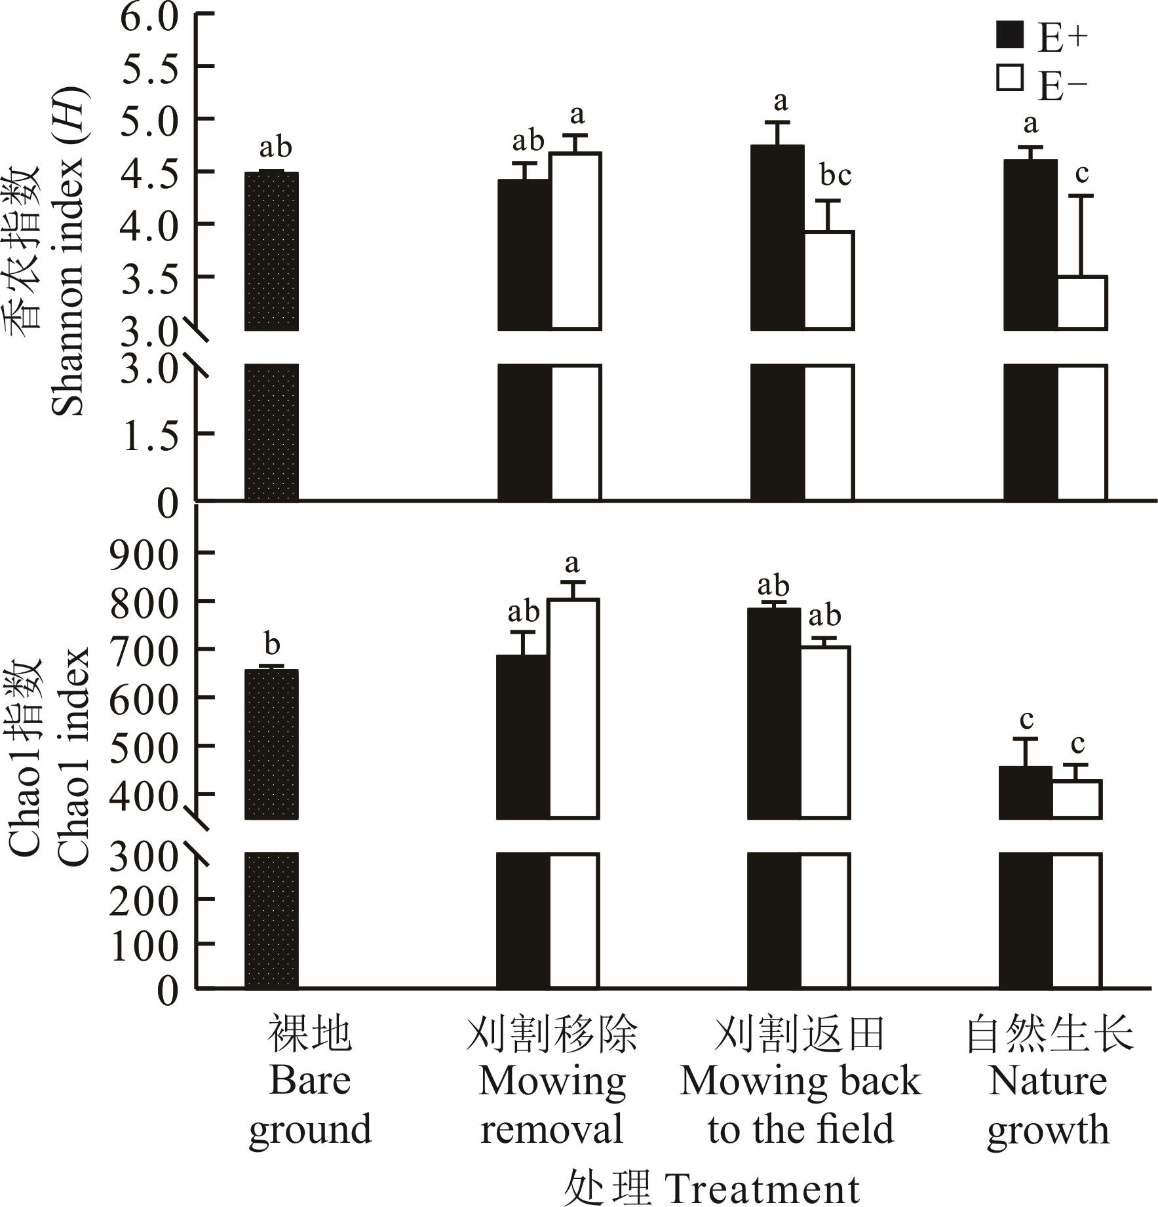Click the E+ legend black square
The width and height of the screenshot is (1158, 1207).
[x=1009, y=35]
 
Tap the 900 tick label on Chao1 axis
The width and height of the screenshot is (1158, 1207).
[x=144, y=554]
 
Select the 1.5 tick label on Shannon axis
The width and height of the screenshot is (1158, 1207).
[x=150, y=434]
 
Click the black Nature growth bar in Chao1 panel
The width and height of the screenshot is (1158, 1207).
[x=1026, y=917]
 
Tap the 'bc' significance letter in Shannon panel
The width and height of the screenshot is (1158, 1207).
[x=836, y=176]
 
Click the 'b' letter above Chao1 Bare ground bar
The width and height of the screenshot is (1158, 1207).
[x=272, y=645]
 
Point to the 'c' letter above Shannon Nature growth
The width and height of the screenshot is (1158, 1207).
[x=1081, y=174]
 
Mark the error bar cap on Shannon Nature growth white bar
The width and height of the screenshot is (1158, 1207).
[x=1082, y=195]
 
